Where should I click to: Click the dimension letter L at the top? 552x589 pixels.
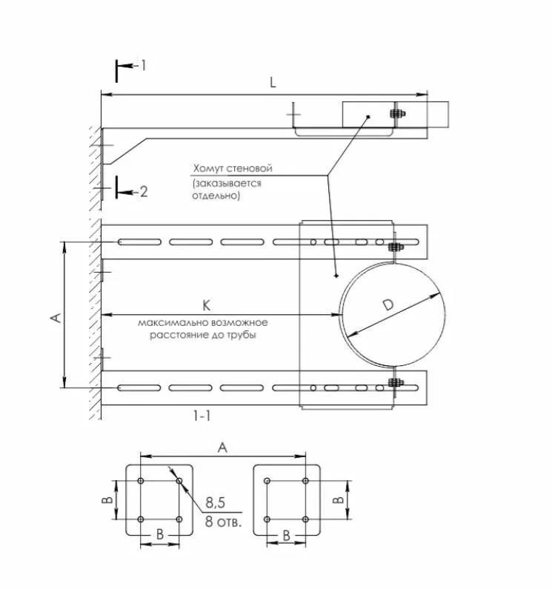coord(273,82)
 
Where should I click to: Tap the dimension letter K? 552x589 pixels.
coord(206,305)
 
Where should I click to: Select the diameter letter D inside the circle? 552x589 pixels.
coord(388,305)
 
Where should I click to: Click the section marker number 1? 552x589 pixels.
coord(143,65)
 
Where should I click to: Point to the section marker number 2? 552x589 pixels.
coord(144,192)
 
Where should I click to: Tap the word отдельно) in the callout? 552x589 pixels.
coord(216,196)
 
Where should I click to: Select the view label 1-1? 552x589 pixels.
coord(202,416)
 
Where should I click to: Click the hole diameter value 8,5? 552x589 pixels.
coord(216,502)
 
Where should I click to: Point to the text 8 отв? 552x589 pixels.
coord(223,522)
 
